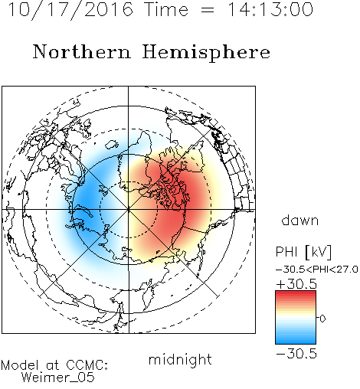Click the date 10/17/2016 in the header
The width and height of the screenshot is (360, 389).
point(70,10)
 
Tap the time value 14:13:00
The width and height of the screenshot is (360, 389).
point(270,9)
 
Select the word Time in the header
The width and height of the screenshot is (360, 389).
point(166,9)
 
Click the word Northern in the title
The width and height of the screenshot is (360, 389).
point(82,51)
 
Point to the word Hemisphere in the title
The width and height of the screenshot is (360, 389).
point(206,53)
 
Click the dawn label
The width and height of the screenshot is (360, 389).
point(300,220)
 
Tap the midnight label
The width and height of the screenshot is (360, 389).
point(180,359)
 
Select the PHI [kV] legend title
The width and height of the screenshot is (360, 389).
point(303,252)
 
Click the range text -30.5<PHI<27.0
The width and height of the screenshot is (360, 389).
point(317,270)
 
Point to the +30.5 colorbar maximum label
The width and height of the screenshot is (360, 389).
point(296,284)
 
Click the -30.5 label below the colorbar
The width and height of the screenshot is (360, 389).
point(296,354)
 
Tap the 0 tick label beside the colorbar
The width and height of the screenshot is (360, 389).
point(322,319)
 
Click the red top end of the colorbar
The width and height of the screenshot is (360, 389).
point(296,293)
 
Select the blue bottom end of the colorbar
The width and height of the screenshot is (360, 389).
point(296,342)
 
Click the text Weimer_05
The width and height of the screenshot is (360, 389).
point(58,378)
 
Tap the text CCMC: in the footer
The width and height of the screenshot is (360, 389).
point(87,365)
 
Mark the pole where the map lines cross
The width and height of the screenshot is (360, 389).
point(129,209)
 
